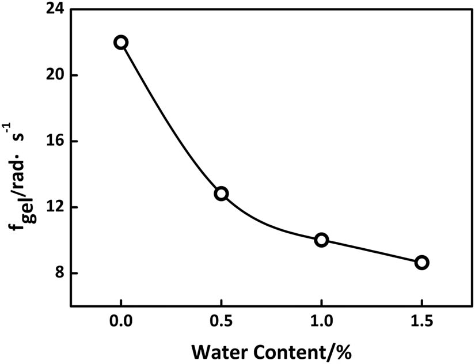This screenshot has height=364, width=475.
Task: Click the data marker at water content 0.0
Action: [121, 43]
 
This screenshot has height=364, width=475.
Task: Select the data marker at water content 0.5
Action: [221, 194]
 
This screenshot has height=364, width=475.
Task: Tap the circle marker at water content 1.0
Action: [321, 240]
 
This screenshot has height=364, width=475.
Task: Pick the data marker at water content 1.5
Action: [421, 263]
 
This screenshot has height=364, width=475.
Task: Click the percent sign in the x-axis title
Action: [344, 351]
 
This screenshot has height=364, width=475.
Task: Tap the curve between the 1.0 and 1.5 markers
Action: [371, 251]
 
